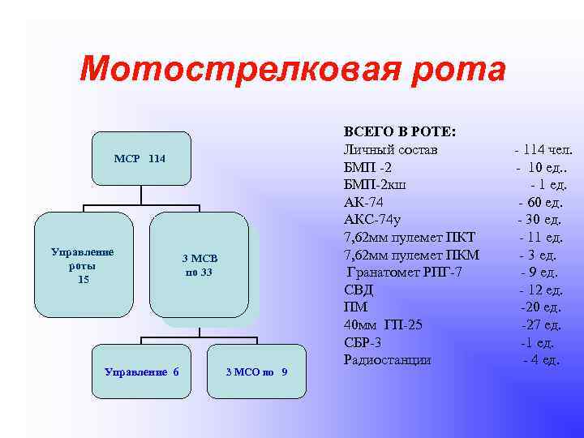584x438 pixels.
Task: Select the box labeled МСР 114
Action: click(x=140, y=158)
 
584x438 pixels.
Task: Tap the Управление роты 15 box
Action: click(x=84, y=264)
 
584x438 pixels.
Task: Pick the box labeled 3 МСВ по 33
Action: click(x=199, y=264)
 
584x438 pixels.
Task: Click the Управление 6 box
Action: click(x=142, y=371)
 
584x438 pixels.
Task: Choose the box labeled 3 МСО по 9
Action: click(x=256, y=371)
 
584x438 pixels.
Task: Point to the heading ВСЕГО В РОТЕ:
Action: click(x=399, y=132)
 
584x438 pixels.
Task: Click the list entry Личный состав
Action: click(x=390, y=150)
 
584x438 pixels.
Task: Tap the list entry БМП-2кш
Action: click(x=375, y=185)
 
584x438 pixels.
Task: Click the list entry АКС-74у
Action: click(x=374, y=220)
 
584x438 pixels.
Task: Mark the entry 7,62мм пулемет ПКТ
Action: click(x=409, y=237)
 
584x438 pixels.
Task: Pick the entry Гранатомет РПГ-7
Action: click(x=403, y=272)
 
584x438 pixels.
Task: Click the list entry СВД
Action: click(x=357, y=290)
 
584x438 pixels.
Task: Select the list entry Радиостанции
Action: click(x=388, y=359)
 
